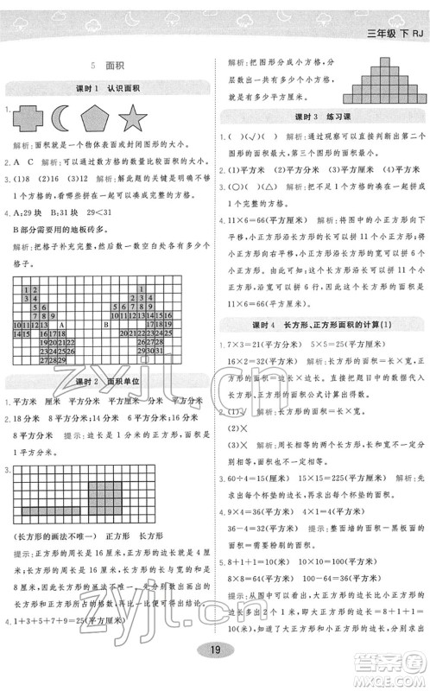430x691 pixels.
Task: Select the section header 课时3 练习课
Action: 321,117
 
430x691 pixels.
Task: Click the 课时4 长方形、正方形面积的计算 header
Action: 321,324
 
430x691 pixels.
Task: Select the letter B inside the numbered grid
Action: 105,325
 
